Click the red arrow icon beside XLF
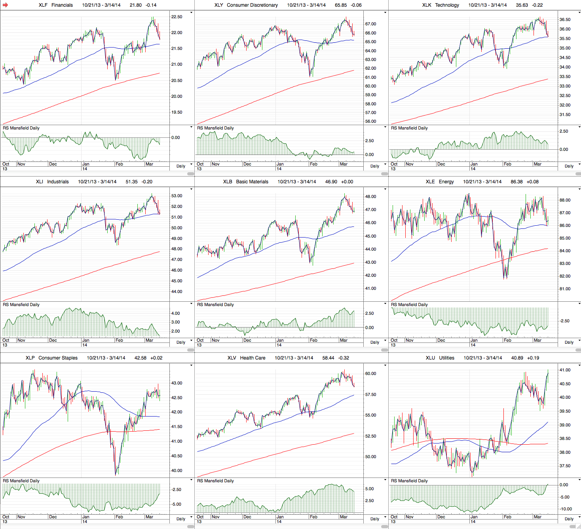click(5, 5)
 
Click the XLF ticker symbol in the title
click(43, 5)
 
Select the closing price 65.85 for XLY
click(341, 5)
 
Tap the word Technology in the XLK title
click(447, 5)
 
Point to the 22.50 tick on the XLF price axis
click(177, 17)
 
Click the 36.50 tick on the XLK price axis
click(565, 20)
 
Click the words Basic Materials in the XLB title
click(252, 182)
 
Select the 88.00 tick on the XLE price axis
click(565, 200)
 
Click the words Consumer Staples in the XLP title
click(58, 358)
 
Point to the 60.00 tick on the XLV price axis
click(370, 374)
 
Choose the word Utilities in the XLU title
click(446, 358)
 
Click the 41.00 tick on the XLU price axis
click(565, 370)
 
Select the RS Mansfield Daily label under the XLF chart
click(21, 128)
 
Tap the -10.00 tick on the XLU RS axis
click(565, 509)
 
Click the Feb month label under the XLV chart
click(313, 517)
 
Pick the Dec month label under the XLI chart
click(53, 340)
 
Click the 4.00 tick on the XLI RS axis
click(175, 314)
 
